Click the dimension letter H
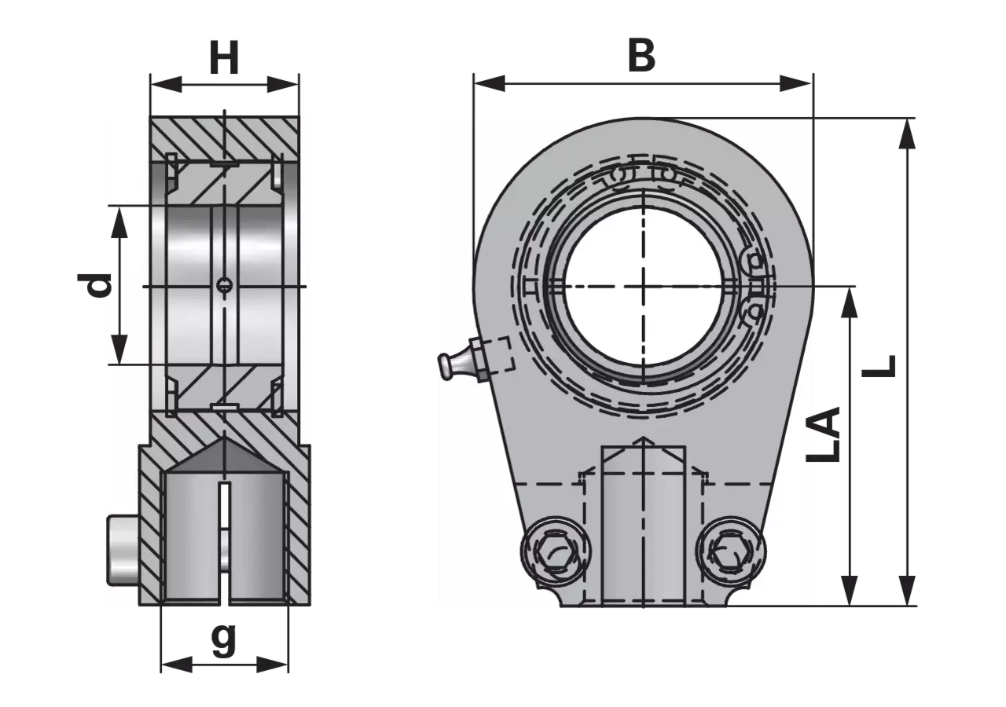click(x=224, y=58)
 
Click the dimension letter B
click(x=642, y=56)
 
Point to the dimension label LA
click(x=823, y=434)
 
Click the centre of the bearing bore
click(x=643, y=286)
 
